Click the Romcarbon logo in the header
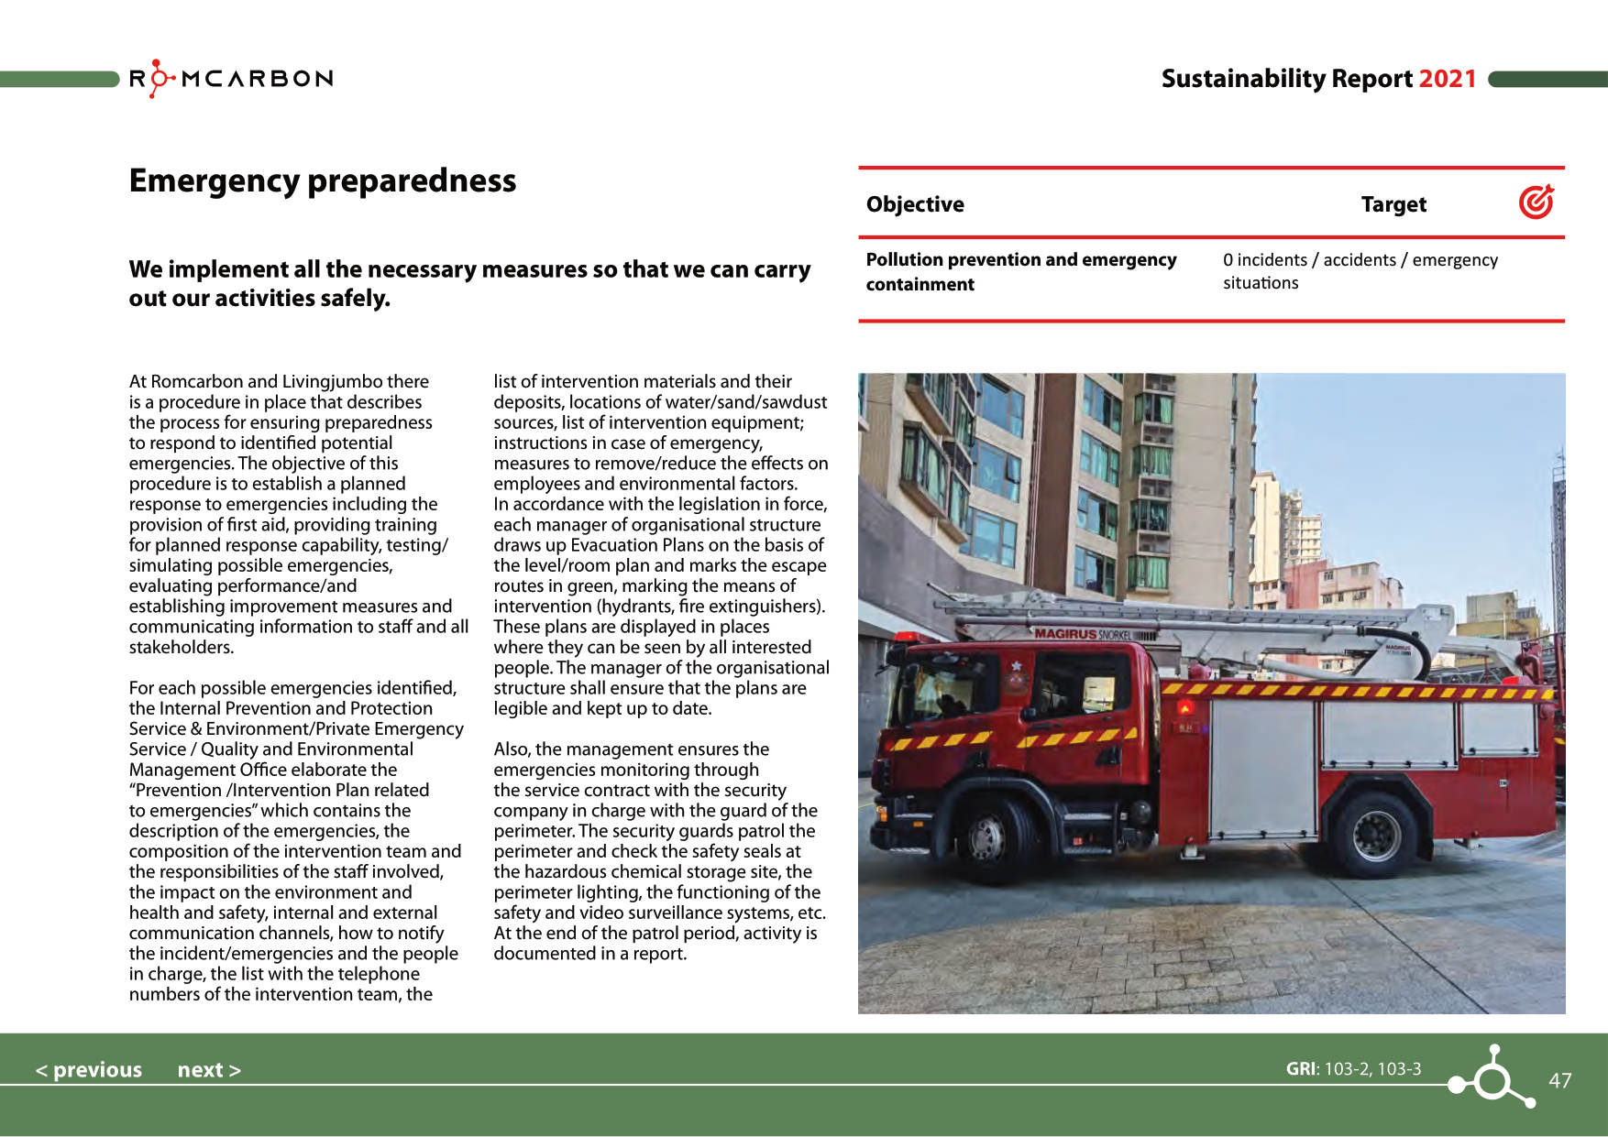(231, 79)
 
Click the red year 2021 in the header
(1447, 79)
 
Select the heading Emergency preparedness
(323, 180)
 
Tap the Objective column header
(915, 204)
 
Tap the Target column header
(1393, 204)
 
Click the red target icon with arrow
(1536, 202)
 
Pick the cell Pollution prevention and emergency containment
(1020, 272)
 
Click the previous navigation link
(89, 1069)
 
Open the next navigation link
(209, 1069)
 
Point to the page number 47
(1559, 1080)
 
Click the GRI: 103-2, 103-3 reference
(1353, 1068)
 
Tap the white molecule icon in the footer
(1492, 1078)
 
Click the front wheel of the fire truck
(987, 835)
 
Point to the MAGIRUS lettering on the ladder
(1064, 634)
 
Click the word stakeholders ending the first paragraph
(182, 647)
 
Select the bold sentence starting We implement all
(469, 283)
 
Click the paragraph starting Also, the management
(660, 851)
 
